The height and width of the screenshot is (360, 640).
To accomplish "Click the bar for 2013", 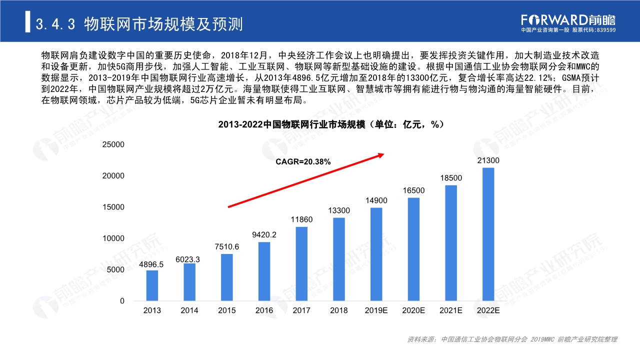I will (x=152, y=285).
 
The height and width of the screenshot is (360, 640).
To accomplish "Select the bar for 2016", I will (x=264, y=271).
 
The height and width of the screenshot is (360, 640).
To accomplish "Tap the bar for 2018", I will (x=339, y=259).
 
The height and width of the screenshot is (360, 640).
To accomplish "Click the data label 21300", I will (x=488, y=160).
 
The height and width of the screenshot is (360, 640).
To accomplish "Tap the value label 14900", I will (x=376, y=200).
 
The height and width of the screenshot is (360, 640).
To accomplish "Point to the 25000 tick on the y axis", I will (x=113, y=144).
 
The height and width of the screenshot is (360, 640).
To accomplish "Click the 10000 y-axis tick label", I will (x=113, y=238).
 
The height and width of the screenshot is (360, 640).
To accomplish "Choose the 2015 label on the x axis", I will (x=226, y=310).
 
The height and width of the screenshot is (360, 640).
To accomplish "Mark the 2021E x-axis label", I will (x=451, y=310).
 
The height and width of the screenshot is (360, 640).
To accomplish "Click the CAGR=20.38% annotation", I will (x=303, y=161).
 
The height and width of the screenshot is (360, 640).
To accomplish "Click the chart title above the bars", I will (x=331, y=125).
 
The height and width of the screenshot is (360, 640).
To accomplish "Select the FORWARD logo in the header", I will (x=567, y=20).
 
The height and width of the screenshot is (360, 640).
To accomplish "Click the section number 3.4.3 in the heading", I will (x=55, y=24).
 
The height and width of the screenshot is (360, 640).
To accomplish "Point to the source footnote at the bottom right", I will (x=512, y=339).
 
